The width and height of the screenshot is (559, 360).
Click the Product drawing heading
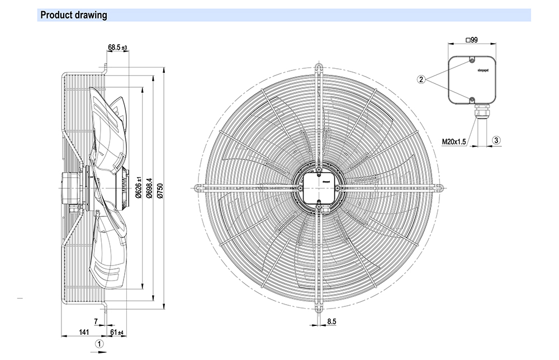(x=73, y=15)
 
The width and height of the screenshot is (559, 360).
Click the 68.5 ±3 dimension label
(x=118, y=48)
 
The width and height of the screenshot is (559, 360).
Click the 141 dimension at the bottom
(x=84, y=333)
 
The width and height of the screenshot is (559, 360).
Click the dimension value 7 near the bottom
(x=96, y=321)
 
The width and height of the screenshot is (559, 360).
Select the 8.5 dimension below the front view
(x=331, y=321)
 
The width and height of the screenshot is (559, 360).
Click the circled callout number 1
(x=99, y=344)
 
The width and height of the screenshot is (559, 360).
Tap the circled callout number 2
(x=421, y=79)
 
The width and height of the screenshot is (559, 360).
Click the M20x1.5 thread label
(x=453, y=142)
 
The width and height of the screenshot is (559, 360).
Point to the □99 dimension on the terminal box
(x=472, y=40)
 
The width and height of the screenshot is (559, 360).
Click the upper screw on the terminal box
(x=472, y=60)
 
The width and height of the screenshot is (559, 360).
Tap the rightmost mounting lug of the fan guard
(x=439, y=187)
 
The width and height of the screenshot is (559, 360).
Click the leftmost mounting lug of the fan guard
(x=197, y=187)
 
